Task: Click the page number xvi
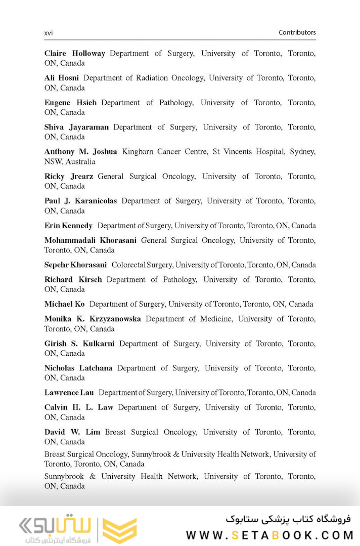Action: [49, 33]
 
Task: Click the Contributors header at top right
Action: [297, 32]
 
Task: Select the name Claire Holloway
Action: [74, 53]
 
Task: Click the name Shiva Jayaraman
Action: [76, 127]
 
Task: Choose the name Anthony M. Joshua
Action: [80, 152]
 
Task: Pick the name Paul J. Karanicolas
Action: [80, 201]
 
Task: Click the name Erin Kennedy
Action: [68, 226]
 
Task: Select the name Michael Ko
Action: [64, 304]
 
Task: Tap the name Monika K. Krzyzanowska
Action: [93, 319]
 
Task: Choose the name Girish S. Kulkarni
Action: [79, 344]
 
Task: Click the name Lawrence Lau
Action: [69, 393]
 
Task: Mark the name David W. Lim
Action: [72, 432]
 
